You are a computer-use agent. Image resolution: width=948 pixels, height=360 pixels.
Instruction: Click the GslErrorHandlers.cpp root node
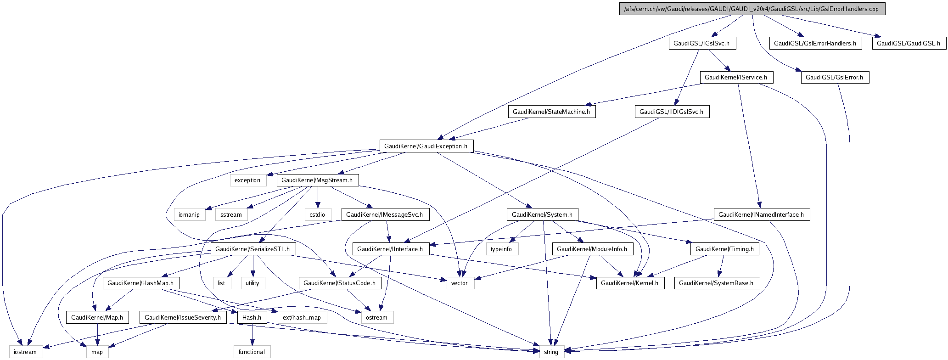tap(752, 9)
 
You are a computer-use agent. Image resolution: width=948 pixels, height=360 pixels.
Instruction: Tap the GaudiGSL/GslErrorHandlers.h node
tap(815, 43)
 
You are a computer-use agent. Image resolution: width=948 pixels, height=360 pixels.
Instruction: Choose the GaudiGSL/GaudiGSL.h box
tap(909, 43)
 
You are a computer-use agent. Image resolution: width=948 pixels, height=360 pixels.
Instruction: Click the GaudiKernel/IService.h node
tap(736, 77)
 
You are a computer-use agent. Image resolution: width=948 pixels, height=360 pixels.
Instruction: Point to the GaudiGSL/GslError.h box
tap(835, 77)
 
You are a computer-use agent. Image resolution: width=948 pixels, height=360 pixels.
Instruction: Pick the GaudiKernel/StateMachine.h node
tap(551, 112)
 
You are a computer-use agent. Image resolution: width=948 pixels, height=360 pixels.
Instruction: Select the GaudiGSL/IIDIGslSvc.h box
tap(672, 112)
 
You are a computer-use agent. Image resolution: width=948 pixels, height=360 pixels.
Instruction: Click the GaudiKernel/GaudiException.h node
tap(426, 146)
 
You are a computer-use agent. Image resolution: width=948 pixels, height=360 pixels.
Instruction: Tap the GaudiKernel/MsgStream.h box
tap(317, 180)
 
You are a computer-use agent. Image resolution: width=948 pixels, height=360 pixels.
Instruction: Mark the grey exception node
tap(247, 180)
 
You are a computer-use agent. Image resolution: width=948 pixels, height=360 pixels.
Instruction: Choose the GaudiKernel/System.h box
tap(542, 214)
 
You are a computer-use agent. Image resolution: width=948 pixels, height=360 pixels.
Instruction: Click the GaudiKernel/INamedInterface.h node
tap(761, 214)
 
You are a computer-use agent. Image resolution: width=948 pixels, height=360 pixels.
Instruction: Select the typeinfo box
tap(501, 249)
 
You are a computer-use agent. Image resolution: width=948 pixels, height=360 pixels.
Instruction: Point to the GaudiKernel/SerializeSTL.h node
tap(252, 249)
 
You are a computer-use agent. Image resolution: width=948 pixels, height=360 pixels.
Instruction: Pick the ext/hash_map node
tap(302, 317)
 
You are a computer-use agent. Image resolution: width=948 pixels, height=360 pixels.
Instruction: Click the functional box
tap(252, 352)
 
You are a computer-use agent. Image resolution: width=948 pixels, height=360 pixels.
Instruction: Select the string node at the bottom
tap(551, 352)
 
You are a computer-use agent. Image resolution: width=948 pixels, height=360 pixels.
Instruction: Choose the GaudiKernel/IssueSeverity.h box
tap(183, 317)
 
